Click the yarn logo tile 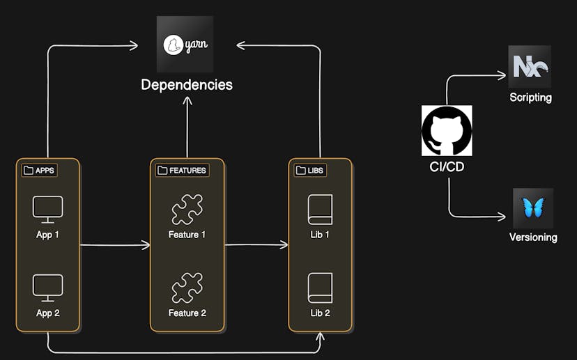[x=185, y=45]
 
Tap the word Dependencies [x=186, y=85]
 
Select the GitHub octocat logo [x=447, y=130]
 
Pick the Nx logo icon [x=530, y=67]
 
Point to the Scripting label [x=530, y=97]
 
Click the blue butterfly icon [x=533, y=208]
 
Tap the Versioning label [x=533, y=237]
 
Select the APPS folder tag [x=40, y=170]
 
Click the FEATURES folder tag [x=182, y=170]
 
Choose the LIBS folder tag [x=310, y=170]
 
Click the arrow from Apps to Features [x=115, y=245]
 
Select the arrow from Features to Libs [x=256, y=245]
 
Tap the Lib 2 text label [x=320, y=313]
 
